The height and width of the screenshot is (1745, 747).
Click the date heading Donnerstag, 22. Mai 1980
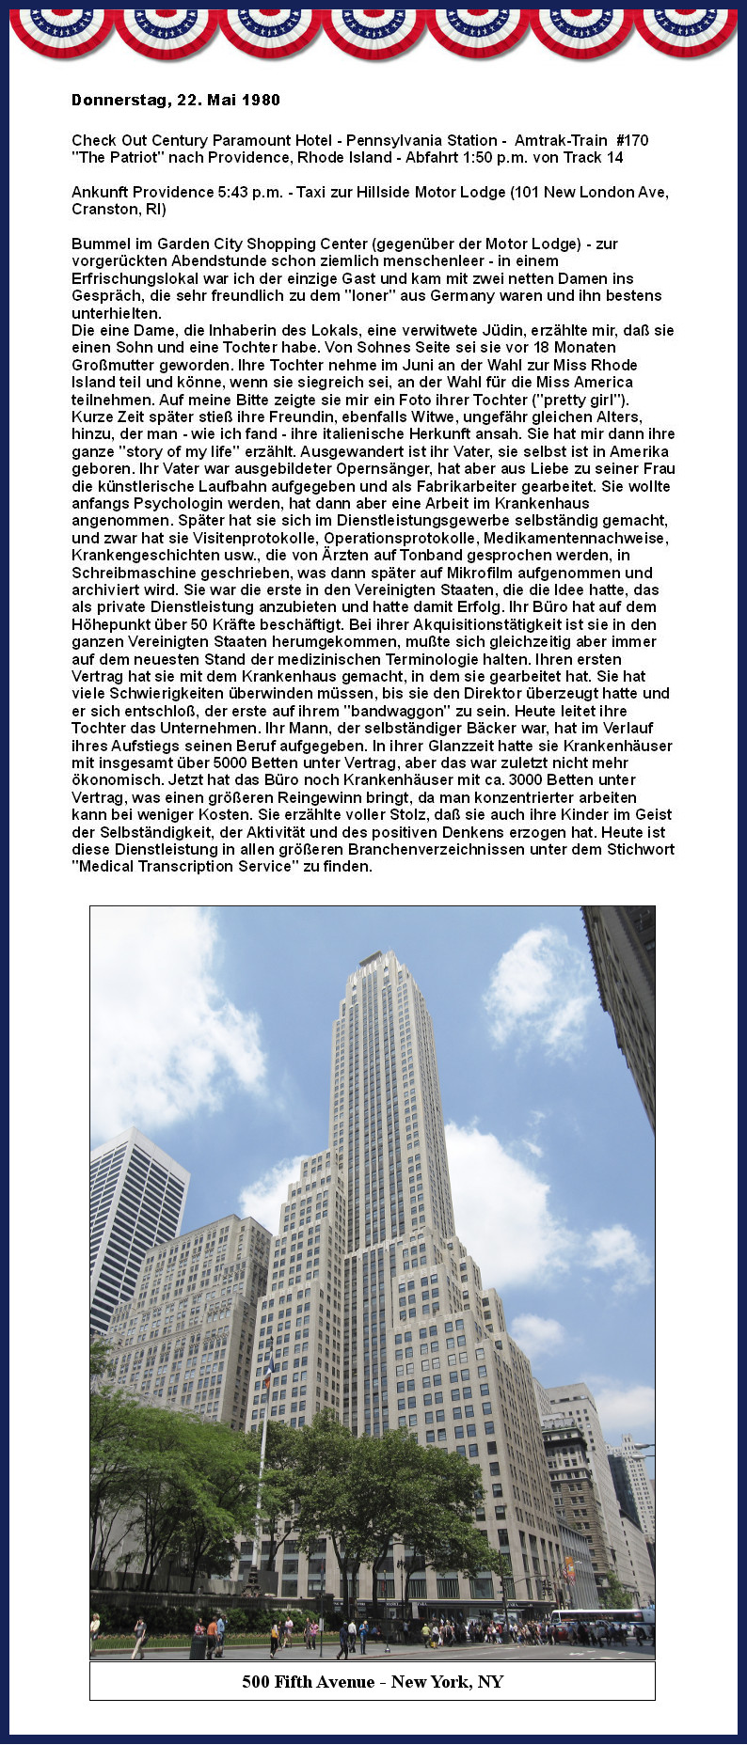[176, 100]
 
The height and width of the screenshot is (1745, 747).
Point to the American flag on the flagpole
[269, 1372]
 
